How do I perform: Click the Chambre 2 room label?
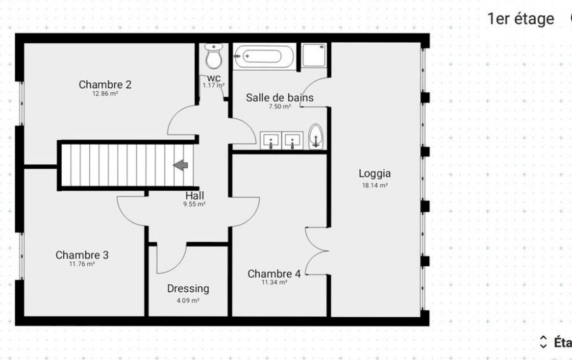click(105, 85)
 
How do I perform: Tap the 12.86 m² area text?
click(105, 94)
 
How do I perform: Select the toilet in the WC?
click(214, 57)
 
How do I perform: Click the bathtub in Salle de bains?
click(264, 57)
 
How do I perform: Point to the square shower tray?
click(314, 55)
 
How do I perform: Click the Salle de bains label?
click(280, 97)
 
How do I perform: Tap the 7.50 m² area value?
click(280, 107)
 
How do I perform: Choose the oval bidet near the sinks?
click(315, 137)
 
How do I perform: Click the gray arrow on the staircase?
click(180, 165)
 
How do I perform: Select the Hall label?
click(195, 196)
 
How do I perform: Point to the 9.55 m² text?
click(194, 205)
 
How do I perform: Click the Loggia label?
click(375, 174)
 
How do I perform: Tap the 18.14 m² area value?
click(375, 185)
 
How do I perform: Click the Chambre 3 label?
click(82, 255)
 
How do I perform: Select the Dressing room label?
click(189, 289)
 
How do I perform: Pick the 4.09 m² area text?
click(189, 301)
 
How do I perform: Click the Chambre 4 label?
click(274, 274)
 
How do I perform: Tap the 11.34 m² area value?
click(274, 282)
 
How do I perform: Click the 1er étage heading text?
click(521, 19)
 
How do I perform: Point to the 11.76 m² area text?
click(82, 264)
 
